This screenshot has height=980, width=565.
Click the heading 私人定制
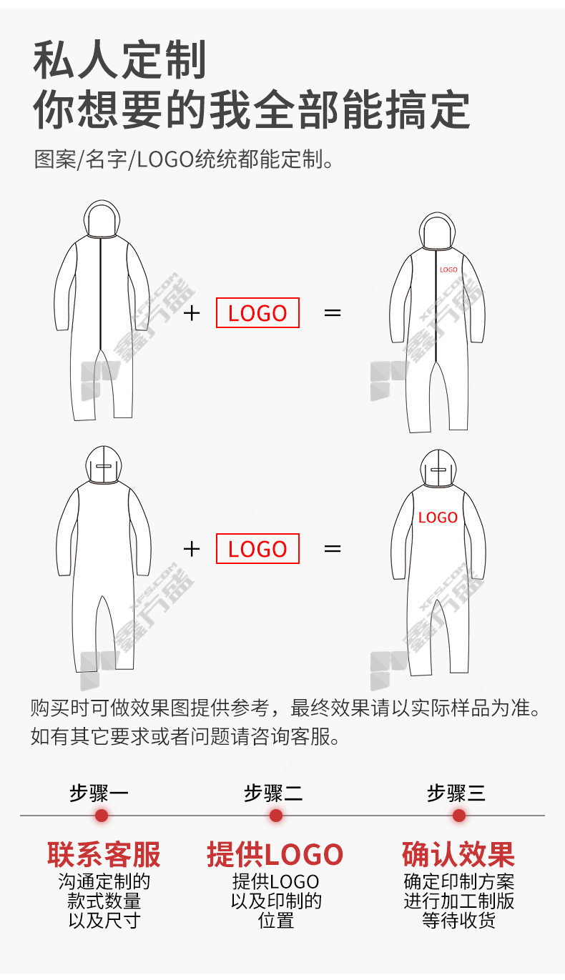[x=119, y=59]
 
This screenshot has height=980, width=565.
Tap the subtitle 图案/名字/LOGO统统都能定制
[x=184, y=159]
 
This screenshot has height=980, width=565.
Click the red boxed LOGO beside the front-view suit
[x=257, y=313]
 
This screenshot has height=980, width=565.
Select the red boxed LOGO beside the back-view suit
[x=257, y=549]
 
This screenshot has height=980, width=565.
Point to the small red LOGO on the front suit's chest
[x=448, y=270]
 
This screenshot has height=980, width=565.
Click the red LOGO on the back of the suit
[x=438, y=518]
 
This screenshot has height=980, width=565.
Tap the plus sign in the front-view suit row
[x=192, y=313]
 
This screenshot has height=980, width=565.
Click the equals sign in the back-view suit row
[x=333, y=549]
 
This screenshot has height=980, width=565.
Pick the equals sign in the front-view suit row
[x=333, y=313]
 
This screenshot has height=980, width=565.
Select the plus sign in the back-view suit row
[x=192, y=549]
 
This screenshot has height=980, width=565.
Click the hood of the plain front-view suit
[x=102, y=219]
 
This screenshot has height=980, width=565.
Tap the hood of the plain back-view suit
[x=103, y=465]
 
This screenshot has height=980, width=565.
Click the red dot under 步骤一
[x=102, y=816]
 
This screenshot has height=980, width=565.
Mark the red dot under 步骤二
[x=276, y=816]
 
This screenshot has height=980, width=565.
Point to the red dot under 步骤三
[x=458, y=816]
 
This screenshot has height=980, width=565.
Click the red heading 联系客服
[x=104, y=854]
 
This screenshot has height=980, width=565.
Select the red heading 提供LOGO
[x=275, y=854]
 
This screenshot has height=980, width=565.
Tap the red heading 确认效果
[x=458, y=854]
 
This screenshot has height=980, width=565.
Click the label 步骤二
[x=273, y=793]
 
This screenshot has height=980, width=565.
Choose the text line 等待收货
[x=458, y=921]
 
